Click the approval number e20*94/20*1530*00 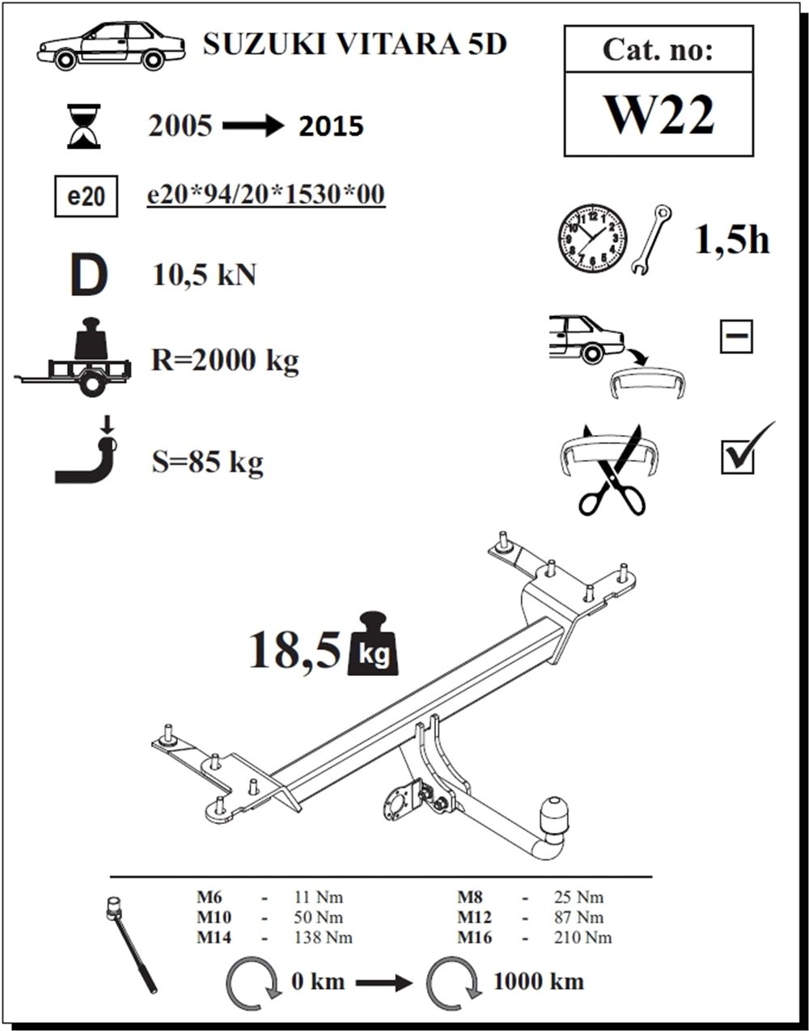[x=265, y=195]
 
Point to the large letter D [x=87, y=275]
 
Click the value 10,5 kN [x=205, y=275]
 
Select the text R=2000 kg [x=225, y=360]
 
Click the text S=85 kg [x=207, y=462]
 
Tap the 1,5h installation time [x=732, y=239]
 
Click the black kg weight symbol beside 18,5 [x=373, y=644]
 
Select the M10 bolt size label [x=213, y=918]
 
